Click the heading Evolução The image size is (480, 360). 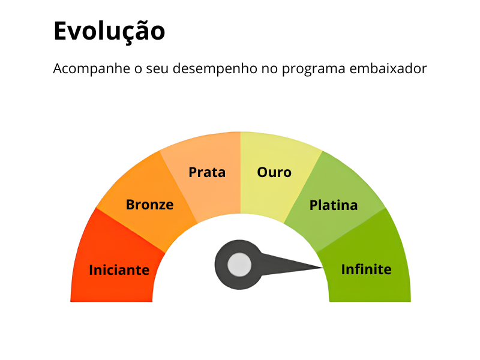[x=109, y=32]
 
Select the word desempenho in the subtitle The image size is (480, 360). [x=215, y=69]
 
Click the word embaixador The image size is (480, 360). [x=388, y=68]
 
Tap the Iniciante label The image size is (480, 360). [x=119, y=270]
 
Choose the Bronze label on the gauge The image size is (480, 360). [x=149, y=205]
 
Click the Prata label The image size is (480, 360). [x=207, y=172]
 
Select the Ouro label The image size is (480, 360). [x=274, y=172]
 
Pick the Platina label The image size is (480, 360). [x=334, y=205]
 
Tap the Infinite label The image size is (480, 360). [x=366, y=269]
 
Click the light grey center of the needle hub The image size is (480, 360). [x=239, y=265]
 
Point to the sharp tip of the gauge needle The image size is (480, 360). [x=323, y=268]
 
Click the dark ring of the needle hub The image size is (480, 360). [x=220, y=265]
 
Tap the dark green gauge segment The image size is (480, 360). [x=367, y=260]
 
